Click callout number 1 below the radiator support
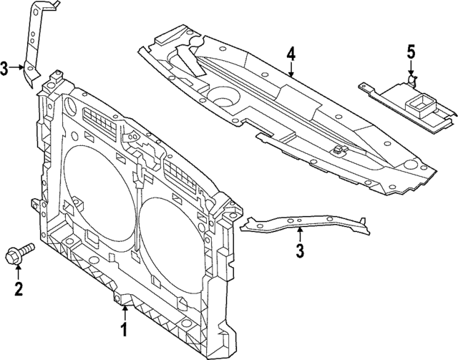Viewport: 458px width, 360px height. click(x=124, y=330)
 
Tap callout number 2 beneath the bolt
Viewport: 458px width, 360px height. click(x=19, y=289)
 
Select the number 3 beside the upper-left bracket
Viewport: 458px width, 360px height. click(x=5, y=69)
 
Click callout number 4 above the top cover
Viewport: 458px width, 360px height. click(x=291, y=54)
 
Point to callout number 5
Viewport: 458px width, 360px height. click(x=411, y=51)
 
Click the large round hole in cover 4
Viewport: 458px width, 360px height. click(x=224, y=94)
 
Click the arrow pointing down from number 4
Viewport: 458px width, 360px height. click(x=291, y=69)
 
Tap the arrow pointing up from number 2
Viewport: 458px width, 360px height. click(x=19, y=271)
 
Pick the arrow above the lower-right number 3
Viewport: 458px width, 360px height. click(x=301, y=235)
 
